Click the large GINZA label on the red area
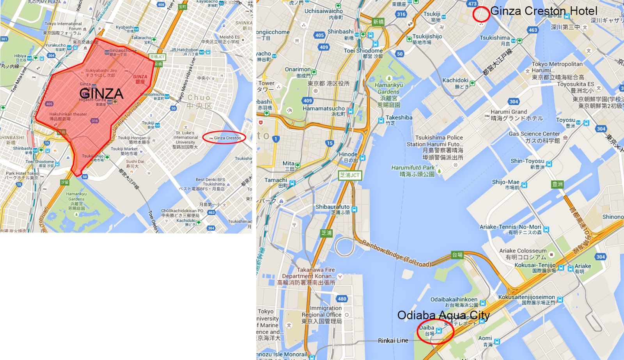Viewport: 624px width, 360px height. tap(101, 94)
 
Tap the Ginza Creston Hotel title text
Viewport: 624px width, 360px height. tap(543, 11)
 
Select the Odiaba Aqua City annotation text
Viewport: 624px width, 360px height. tap(443, 315)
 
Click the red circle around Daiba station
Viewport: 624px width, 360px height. tap(435, 331)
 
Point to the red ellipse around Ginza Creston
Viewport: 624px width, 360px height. tap(224, 138)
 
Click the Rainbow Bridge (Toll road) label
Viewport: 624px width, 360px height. tap(397, 254)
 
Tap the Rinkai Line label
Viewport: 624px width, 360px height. tap(393, 340)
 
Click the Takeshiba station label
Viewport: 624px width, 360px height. tap(399, 117)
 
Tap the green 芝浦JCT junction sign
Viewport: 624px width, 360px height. tap(349, 175)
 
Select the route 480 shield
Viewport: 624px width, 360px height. tap(342, 299)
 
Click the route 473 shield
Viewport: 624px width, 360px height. tap(472, 4)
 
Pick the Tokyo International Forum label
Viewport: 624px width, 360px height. tap(63, 26)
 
